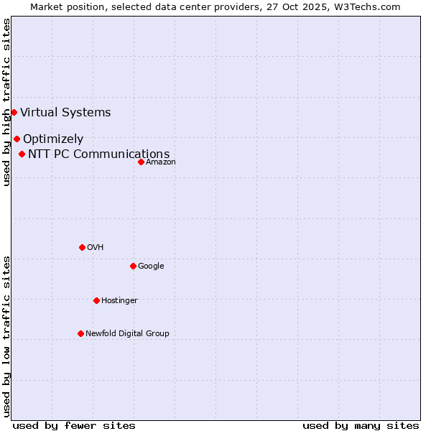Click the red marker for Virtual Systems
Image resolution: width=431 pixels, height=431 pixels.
pos(14,112)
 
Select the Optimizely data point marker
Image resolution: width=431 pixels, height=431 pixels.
pos(17,139)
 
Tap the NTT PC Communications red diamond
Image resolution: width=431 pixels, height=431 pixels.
pos(22,154)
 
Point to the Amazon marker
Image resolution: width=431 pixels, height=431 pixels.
pos(141,162)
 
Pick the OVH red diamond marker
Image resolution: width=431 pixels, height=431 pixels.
pos(82,247)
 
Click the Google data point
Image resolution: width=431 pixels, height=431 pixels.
pos(133,266)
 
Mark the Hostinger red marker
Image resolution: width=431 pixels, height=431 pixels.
pos(96,300)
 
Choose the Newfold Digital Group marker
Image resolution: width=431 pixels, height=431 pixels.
pos(80,333)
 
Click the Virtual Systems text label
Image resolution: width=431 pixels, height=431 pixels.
pos(65,112)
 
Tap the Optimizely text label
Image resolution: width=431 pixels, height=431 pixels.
pos(53,139)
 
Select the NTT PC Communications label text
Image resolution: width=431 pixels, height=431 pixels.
pos(99,154)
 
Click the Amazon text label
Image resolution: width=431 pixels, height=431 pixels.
pos(161,162)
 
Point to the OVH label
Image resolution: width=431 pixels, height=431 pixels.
pos(96,247)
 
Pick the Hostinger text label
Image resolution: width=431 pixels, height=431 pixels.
pos(119,300)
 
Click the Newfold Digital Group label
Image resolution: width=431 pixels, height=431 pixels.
pos(127,333)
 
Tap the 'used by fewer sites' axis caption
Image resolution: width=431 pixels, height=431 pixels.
pos(74,425)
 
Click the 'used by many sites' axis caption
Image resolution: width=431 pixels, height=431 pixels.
pos(361,425)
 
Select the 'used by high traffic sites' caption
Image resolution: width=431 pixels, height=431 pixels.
pos(6,102)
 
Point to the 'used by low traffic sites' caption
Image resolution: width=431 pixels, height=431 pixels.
pos(6,335)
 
